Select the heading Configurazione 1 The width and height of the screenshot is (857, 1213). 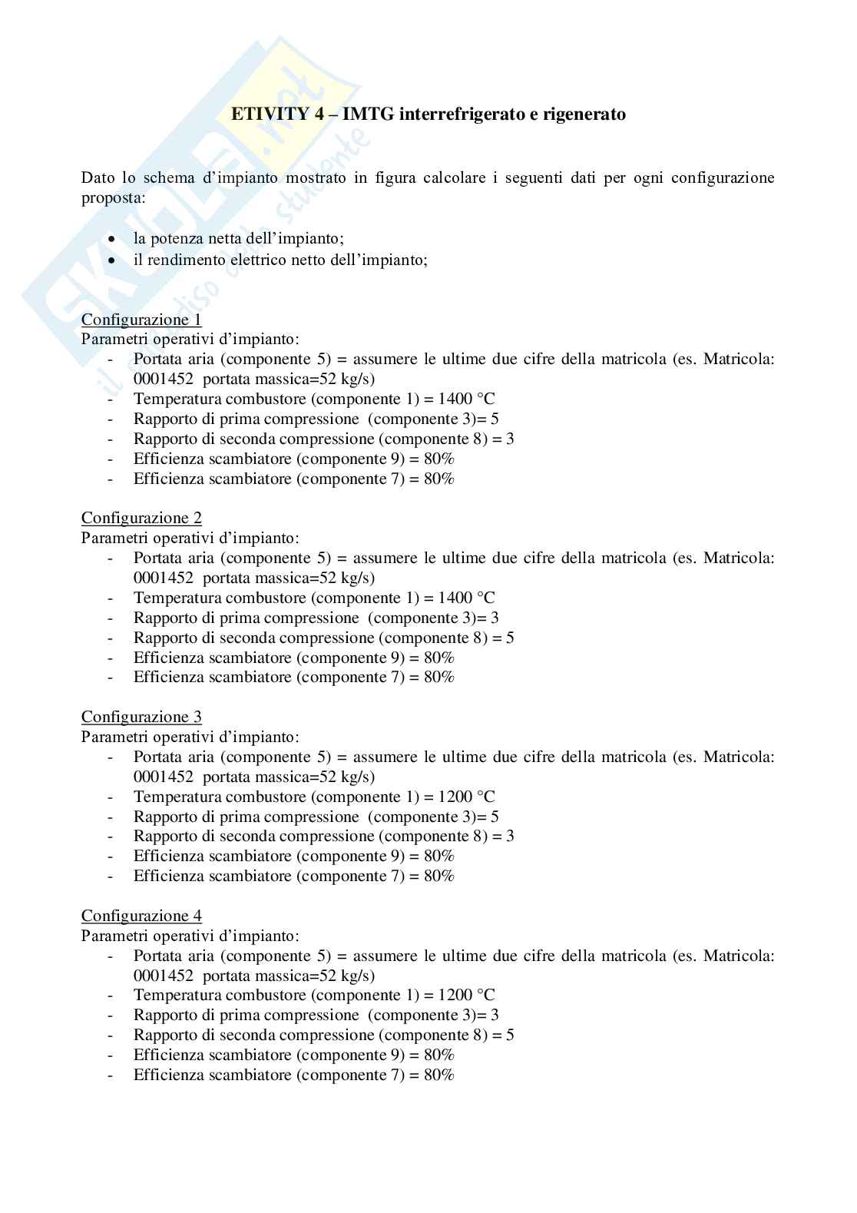(141, 319)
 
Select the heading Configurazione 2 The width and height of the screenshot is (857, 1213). (141, 518)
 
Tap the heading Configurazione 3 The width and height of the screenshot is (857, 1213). (141, 717)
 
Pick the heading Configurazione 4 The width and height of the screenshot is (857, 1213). (141, 916)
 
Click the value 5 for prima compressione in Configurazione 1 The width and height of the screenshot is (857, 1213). (495, 419)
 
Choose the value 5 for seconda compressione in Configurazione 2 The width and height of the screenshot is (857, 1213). (510, 638)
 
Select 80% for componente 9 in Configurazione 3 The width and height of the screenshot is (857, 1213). (439, 856)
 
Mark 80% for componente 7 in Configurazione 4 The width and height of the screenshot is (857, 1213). (439, 1075)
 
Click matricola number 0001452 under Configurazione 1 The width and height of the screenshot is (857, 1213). (163, 379)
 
